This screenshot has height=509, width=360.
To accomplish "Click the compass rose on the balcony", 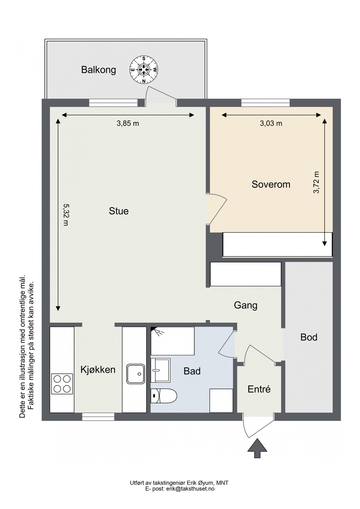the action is pos(144,70).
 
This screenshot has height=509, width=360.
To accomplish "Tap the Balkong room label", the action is pos(98,70).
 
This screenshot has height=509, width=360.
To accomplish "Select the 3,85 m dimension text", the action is pos(128,123).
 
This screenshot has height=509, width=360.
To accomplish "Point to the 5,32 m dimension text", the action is pos(65,215).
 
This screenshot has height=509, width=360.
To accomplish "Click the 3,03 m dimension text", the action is pos(271,123).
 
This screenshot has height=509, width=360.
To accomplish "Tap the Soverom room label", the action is pos(271,184).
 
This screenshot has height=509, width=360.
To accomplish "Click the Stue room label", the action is pos(119,211).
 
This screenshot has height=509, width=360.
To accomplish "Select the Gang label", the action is pos(245,305).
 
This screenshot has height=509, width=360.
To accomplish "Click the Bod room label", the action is pos(309,337).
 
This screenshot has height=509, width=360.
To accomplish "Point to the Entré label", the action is pos(259,389).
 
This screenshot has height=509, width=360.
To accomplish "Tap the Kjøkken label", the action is pos(98,370).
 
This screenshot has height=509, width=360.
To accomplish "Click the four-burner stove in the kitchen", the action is pos(62,384).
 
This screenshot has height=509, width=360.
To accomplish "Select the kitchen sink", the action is pos(136,374).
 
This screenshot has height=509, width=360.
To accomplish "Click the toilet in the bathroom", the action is pos(164,396).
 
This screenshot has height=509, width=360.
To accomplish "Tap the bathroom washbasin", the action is pos(160,370).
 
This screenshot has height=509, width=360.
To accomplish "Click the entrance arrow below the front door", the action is pos(257,448).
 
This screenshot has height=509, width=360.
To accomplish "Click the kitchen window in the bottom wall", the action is pos(98,417).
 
